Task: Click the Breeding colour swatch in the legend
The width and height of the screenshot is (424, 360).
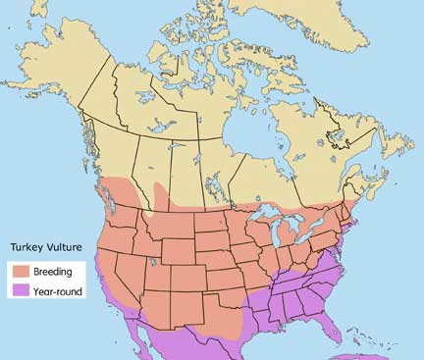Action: coord(20,271)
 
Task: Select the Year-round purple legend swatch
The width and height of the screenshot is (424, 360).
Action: coord(20,290)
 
